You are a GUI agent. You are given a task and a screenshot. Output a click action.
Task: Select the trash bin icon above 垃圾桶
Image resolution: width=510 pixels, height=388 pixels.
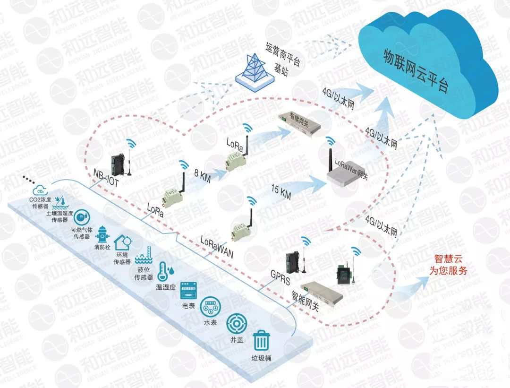coord(261,341)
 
